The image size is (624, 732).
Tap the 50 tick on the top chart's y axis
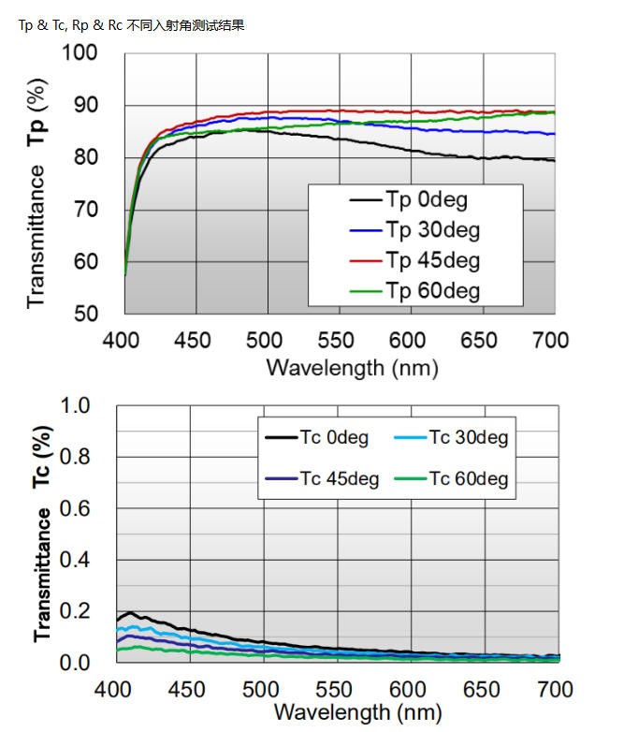(86, 314)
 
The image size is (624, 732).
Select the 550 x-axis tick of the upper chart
(340, 339)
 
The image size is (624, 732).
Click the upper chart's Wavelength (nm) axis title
(352, 366)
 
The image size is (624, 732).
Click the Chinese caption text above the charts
(131, 25)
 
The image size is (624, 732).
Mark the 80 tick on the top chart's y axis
(86, 157)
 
